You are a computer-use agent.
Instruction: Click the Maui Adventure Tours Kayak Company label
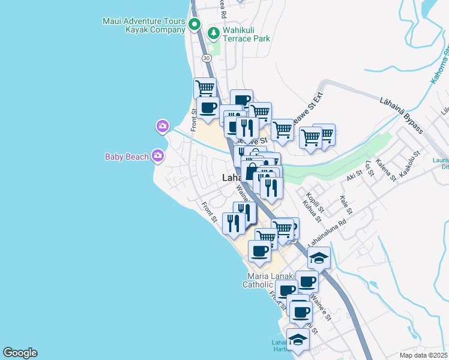144,25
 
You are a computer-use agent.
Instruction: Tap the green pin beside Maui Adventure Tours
194,25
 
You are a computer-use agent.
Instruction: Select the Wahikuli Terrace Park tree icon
212,32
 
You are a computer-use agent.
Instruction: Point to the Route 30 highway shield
206,58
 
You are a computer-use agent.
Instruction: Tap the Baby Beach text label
127,157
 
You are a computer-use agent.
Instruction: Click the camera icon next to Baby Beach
158,156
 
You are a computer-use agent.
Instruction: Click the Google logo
20,353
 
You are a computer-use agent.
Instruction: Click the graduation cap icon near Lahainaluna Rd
319,258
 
